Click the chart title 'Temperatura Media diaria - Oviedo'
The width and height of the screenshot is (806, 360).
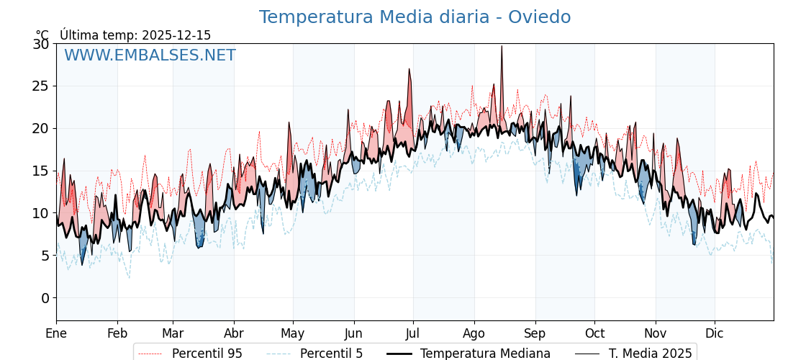coord(415,17)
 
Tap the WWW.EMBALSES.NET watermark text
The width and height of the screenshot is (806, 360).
coord(150,55)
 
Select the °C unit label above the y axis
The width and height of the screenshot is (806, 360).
coord(42,35)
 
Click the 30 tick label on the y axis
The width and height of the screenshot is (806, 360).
coord(41,44)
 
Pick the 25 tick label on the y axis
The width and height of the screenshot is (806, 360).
coord(41,86)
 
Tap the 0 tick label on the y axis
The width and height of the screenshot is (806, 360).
coord(45,298)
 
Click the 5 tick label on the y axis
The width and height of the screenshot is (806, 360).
coord(45,256)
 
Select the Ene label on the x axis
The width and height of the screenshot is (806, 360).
coord(56,333)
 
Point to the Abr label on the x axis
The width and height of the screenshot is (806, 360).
coord(234,333)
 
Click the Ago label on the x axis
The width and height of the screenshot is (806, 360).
coord(474,333)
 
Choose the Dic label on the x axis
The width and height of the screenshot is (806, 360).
coord(715,333)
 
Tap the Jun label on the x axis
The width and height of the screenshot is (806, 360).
coord(353,333)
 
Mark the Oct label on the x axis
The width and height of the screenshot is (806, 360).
coord(594,333)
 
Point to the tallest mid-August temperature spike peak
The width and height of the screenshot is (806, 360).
coord(502,46)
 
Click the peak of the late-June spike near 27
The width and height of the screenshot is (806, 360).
coord(409,69)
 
